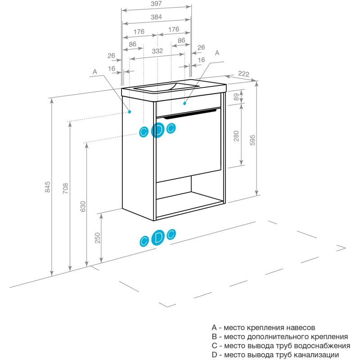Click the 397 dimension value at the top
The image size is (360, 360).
[x=157, y=4]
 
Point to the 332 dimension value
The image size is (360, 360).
[x=157, y=51]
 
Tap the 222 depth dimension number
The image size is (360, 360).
[x=243, y=74]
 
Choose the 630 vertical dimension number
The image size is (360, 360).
[x=82, y=207]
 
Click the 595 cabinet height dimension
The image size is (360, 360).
[x=252, y=140]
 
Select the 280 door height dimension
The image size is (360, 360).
[x=237, y=136]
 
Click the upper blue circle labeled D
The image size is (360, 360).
[x=158, y=130]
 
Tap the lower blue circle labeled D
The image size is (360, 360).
[x=158, y=238]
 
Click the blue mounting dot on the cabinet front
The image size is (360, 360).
[x=184, y=103]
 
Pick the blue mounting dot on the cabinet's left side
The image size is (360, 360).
[x=130, y=111]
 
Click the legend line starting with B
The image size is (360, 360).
[x=279, y=337]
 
